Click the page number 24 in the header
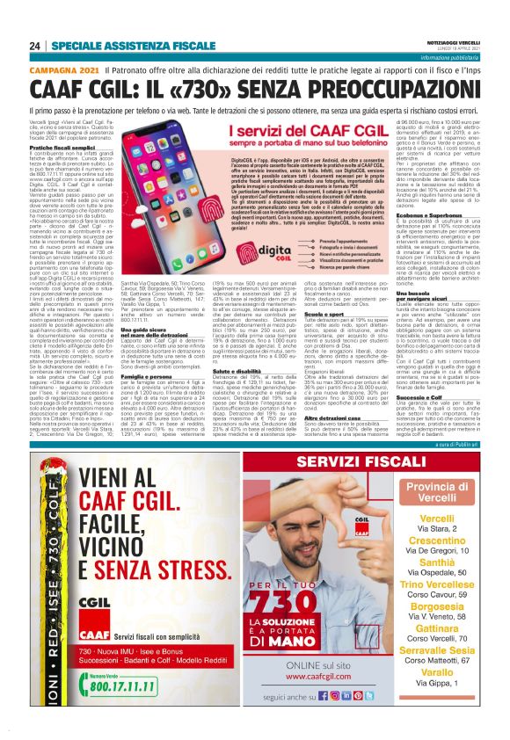tap(36, 45)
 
